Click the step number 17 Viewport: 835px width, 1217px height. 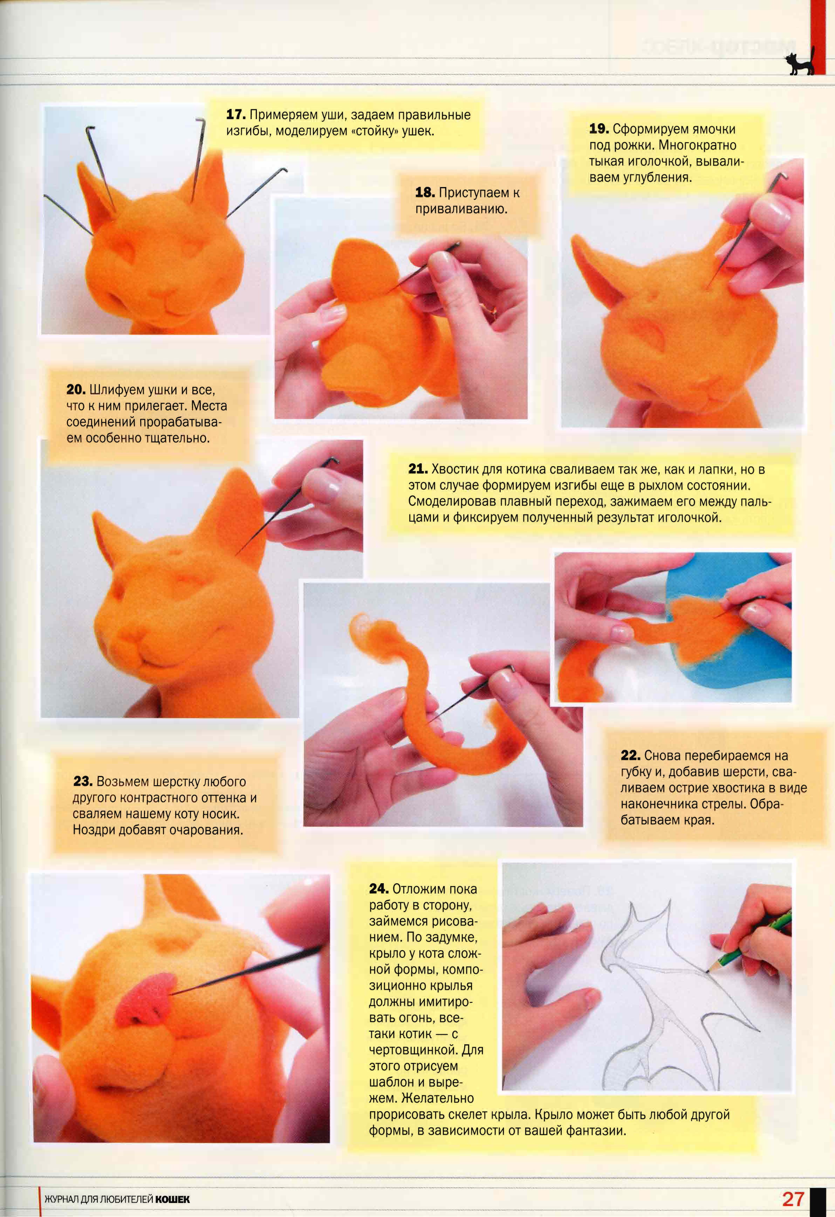click(x=236, y=114)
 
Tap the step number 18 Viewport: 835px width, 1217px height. click(x=425, y=192)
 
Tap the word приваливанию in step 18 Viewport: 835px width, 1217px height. click(x=461, y=209)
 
